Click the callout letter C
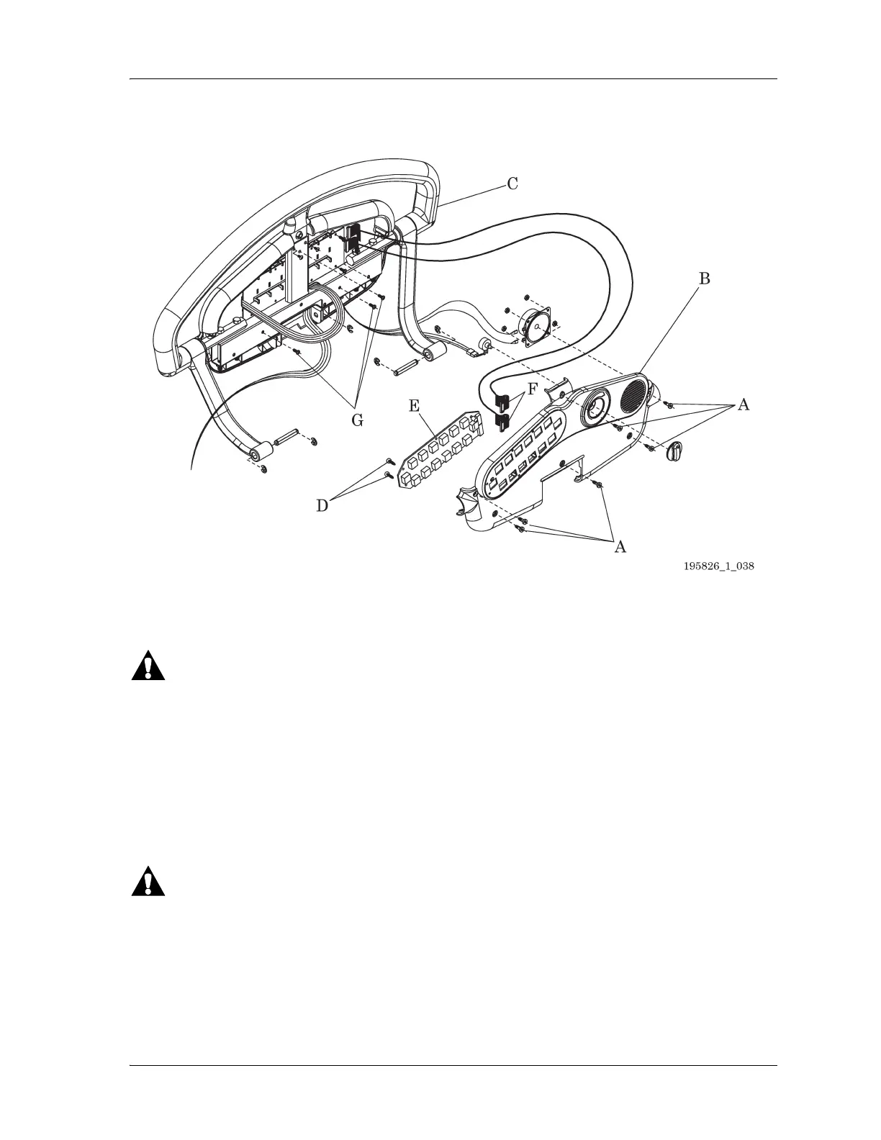click(512, 184)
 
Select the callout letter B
click(705, 279)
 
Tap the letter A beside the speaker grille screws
click(744, 405)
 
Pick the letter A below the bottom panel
click(619, 548)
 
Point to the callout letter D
click(322, 506)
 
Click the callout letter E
click(414, 406)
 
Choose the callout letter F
click(532, 391)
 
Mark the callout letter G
click(356, 420)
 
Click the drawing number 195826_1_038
click(718, 566)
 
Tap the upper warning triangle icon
click(148, 666)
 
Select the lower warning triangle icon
click(148, 882)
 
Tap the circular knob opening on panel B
click(594, 408)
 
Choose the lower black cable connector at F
click(503, 420)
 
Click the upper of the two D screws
click(389, 461)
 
